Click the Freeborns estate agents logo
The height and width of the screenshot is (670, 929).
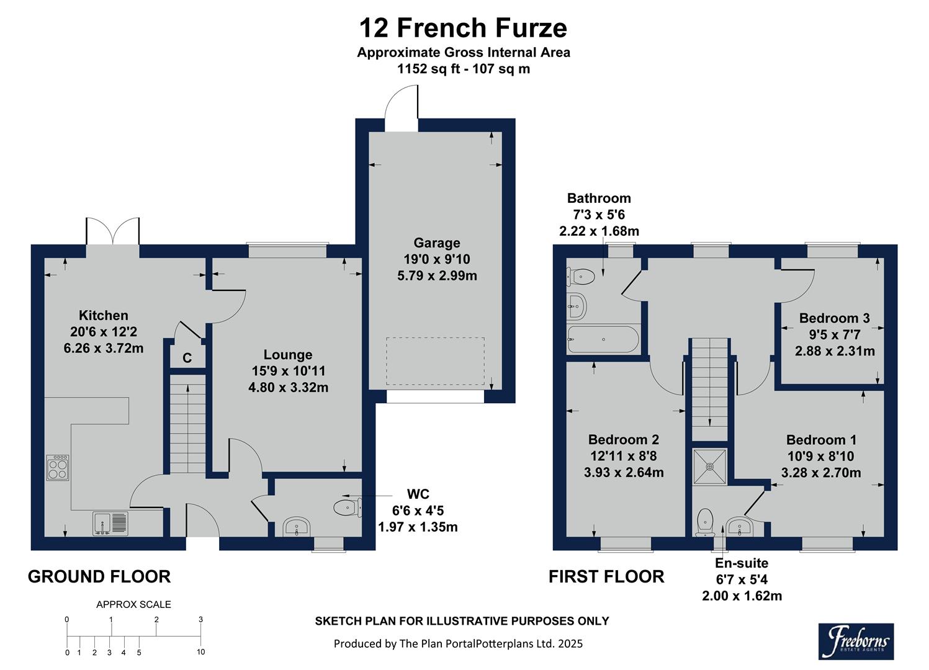tap(856, 641)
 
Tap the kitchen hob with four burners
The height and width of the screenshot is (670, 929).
tap(58, 467)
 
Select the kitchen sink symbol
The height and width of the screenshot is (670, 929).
tap(111, 523)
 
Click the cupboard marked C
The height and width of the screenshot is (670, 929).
tap(187, 358)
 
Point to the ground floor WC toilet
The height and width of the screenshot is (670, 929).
tap(347, 507)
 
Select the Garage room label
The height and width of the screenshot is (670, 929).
tap(437, 243)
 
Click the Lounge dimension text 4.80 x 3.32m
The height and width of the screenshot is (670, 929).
tap(288, 388)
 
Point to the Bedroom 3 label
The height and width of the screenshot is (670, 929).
tap(834, 318)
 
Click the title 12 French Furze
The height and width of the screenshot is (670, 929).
tap(463, 28)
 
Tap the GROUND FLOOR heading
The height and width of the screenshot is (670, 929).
tap(99, 576)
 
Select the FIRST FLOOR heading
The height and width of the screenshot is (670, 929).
tap(606, 576)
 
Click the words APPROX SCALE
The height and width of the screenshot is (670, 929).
tap(133, 604)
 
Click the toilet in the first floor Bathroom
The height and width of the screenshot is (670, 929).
tap(581, 275)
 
